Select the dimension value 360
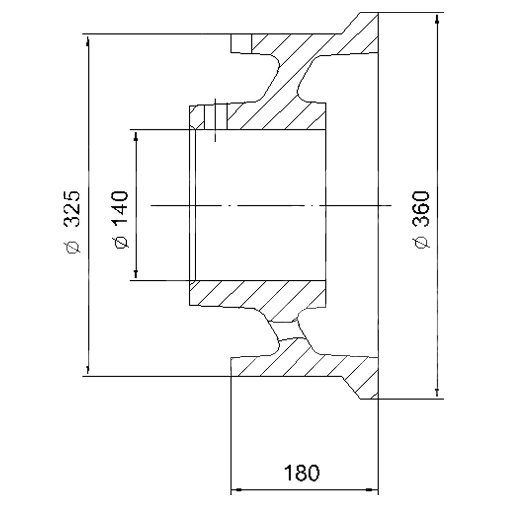tap(421, 208)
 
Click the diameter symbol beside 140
tap(121, 243)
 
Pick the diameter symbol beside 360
tap(422, 243)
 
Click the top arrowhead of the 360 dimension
tap(437, 19)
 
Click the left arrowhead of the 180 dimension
tap(237, 490)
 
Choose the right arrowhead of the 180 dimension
tap(372, 490)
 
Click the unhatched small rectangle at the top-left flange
tap(241, 43)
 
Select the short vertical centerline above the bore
tap(215, 120)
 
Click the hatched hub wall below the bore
tap(258, 293)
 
